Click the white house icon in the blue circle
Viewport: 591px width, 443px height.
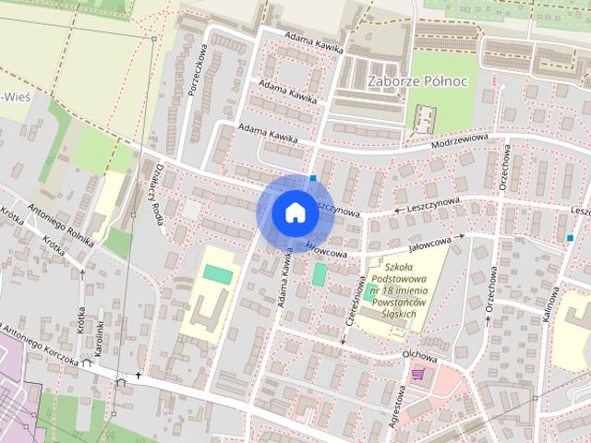294,212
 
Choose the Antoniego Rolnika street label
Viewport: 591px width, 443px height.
61,225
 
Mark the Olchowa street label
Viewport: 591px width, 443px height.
418,353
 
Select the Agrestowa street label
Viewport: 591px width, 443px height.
400,411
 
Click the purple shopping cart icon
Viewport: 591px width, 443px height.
420,373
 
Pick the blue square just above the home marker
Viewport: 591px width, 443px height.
314,178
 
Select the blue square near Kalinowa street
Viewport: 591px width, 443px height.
570,237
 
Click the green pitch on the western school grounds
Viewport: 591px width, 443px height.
219,275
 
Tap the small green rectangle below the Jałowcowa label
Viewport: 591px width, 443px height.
320,274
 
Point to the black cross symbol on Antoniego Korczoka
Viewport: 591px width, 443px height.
139,376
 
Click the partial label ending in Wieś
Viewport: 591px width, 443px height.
13,98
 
